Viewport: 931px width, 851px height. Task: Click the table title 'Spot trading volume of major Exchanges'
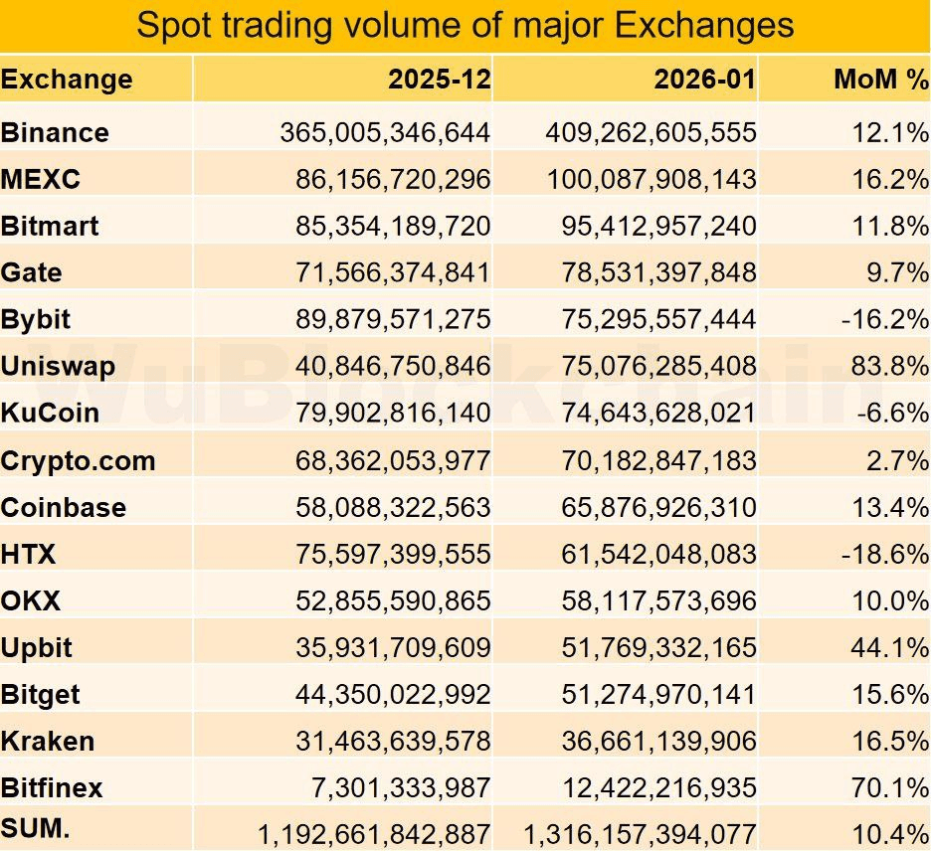pos(465,25)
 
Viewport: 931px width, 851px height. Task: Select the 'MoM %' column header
pos(880,80)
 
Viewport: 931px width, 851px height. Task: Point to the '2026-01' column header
pos(704,80)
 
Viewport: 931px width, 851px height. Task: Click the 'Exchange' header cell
pos(67,80)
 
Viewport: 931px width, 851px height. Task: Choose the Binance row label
pos(56,132)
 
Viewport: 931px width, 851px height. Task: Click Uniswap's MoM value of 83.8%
pos(888,366)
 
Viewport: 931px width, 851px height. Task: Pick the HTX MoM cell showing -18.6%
pos(884,554)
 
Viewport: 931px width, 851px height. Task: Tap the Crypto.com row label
pos(79,460)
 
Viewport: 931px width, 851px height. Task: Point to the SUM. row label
pos(36,828)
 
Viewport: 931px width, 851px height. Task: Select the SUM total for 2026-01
pos(641,834)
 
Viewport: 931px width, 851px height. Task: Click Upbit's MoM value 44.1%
pos(888,647)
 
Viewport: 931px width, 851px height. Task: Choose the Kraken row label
pos(48,741)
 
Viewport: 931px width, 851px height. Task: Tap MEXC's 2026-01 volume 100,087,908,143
pos(651,179)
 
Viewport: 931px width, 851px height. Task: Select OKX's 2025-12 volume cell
pos(393,600)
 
